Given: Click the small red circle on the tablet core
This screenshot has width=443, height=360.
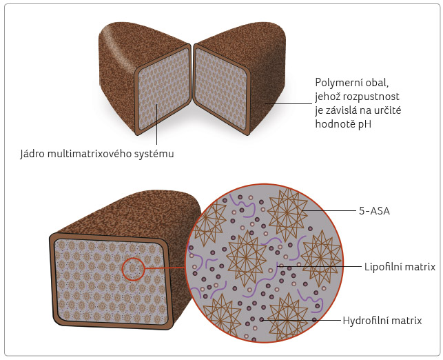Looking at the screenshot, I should [134, 267].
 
